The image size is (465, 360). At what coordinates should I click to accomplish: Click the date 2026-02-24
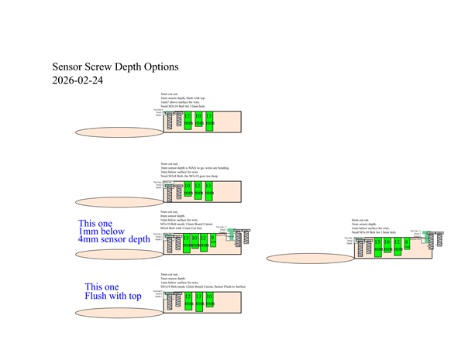pos(77,80)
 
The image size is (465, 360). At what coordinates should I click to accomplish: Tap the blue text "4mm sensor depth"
pos(114,240)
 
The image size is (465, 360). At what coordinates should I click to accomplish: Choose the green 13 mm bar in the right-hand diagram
pos(377,246)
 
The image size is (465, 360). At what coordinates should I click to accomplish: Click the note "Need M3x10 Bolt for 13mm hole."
pos(377,232)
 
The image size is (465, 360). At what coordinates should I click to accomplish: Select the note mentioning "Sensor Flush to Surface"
pos(202,287)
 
